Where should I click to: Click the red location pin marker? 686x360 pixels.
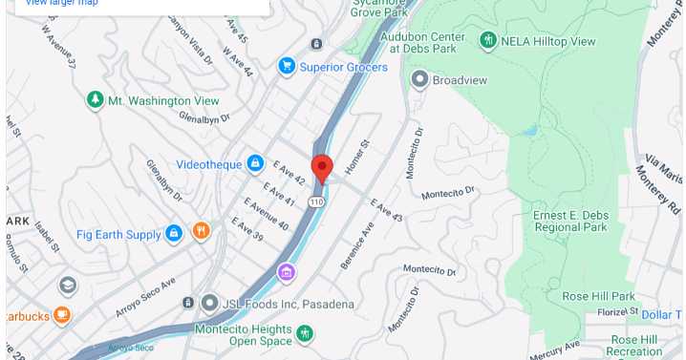(322, 167)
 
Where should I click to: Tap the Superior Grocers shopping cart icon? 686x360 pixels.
(286, 66)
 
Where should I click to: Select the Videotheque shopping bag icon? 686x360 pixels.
(255, 163)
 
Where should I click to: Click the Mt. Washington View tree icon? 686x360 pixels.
(95, 99)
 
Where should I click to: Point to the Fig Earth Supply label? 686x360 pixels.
(119, 234)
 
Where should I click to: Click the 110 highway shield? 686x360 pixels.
(315, 202)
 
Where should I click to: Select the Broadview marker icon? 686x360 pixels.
(418, 79)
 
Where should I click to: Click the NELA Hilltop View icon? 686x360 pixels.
(488, 41)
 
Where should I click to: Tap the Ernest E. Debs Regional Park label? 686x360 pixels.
(569, 221)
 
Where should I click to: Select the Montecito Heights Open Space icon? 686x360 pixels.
(305, 333)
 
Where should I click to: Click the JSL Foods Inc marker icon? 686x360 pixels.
(209, 303)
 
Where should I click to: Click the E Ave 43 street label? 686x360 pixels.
(387, 211)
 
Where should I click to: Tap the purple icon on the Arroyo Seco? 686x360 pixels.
(286, 273)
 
